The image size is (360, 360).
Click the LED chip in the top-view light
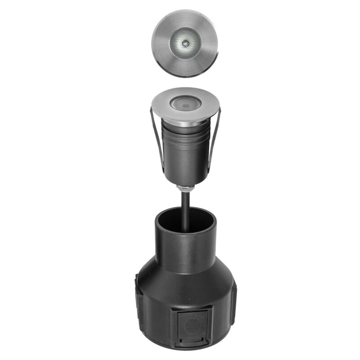pyautogui.click(x=185, y=43)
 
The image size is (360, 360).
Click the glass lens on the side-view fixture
pyautogui.click(x=184, y=104)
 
